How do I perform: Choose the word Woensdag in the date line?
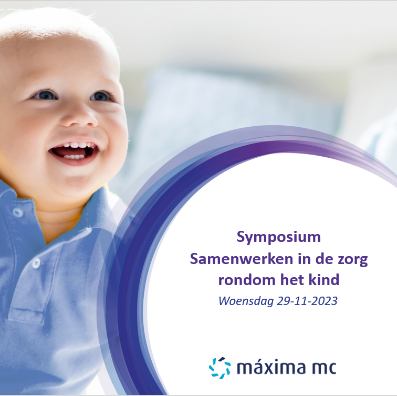246,301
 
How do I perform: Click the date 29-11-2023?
307,301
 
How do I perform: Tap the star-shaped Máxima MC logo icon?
220,368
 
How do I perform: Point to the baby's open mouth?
74,152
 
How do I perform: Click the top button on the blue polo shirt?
18,212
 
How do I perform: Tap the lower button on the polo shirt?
36,263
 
